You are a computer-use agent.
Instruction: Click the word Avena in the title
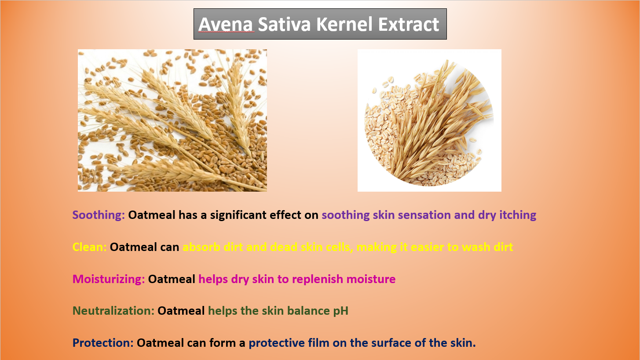point(226,24)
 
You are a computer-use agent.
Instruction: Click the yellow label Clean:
point(89,247)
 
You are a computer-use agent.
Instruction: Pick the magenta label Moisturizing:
point(109,279)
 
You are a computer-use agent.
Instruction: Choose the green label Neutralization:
point(113,311)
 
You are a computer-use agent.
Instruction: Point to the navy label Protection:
point(103,342)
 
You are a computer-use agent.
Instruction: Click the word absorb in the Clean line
point(201,247)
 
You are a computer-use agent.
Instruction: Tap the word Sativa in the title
point(284,24)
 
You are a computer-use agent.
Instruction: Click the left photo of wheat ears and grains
point(172,120)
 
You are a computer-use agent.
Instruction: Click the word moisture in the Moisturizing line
point(371,279)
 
